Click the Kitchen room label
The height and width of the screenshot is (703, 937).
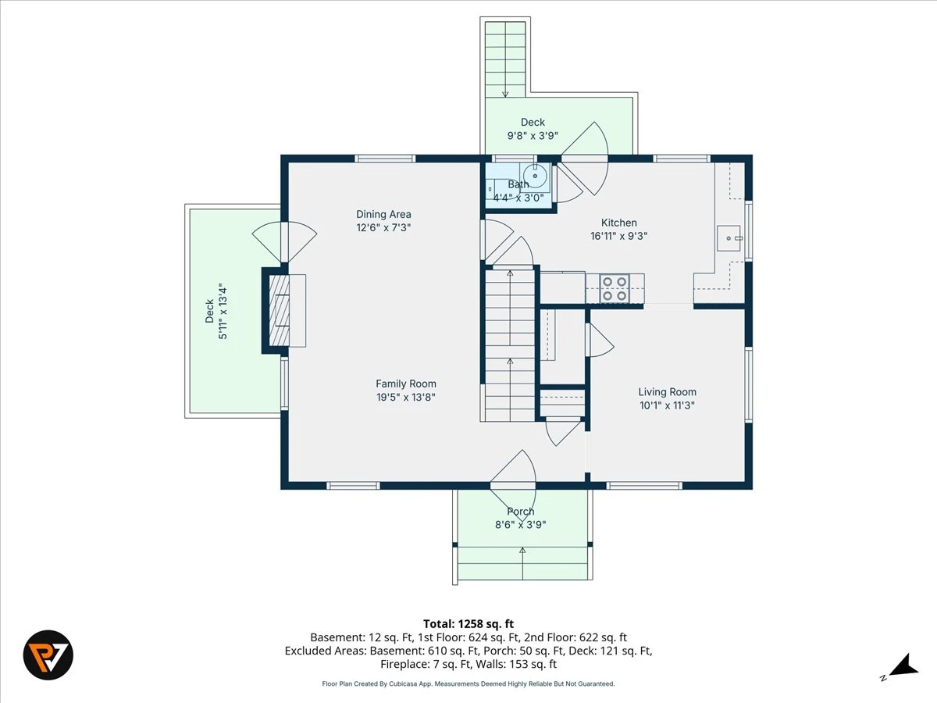tap(618, 223)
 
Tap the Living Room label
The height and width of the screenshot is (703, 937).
tap(667, 392)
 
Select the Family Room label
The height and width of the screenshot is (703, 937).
tap(406, 384)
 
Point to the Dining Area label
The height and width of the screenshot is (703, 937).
tap(383, 214)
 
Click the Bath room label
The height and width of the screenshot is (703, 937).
tap(518, 184)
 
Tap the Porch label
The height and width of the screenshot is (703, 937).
tap(520, 511)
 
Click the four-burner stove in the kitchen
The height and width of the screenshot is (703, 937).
tap(615, 288)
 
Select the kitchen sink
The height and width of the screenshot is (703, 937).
tap(729, 238)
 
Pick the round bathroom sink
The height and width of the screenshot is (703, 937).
tap(535, 176)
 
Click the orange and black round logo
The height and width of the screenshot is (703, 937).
tap(48, 655)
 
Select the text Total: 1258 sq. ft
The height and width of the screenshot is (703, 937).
tap(468, 624)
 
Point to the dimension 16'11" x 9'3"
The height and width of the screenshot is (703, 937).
tap(619, 236)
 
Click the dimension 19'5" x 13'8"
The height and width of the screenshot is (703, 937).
tap(405, 397)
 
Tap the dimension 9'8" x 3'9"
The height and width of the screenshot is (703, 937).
tap(533, 135)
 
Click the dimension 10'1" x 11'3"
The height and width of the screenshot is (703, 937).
tap(667, 405)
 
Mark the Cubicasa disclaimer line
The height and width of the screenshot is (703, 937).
tap(468, 683)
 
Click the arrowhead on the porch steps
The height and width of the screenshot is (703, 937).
tap(522, 551)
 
